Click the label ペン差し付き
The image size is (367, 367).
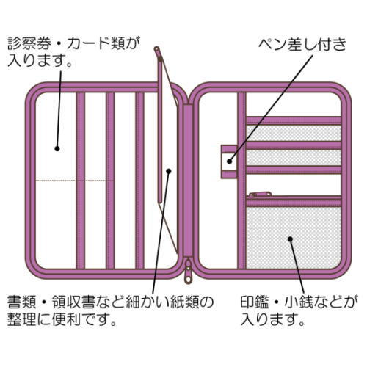302,44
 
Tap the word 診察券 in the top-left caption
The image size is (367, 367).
29,43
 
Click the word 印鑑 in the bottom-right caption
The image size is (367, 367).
255,302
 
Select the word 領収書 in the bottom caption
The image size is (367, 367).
73,302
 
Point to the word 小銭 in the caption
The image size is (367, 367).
299,302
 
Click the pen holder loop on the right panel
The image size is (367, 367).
229,161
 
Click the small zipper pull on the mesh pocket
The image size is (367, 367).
261,195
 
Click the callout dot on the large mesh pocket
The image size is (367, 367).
290,239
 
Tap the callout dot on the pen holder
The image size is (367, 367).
229,161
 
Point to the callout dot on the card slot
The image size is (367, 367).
57,148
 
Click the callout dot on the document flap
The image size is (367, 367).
169,171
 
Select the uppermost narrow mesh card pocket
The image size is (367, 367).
294,133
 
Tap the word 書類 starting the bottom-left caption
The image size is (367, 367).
22,302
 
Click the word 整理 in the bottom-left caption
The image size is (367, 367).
22,319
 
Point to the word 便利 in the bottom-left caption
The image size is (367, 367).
66,319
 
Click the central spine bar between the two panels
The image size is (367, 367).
188,181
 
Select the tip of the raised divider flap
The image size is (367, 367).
157,48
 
